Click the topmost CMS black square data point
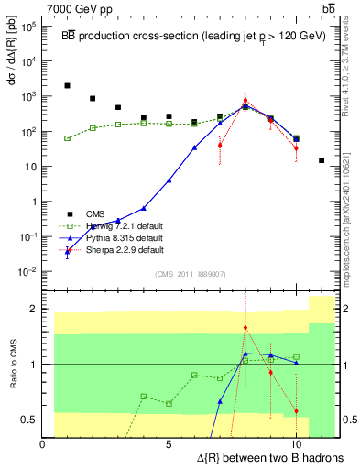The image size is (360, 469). pos(68,86)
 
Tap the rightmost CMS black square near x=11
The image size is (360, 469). pos(322,160)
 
